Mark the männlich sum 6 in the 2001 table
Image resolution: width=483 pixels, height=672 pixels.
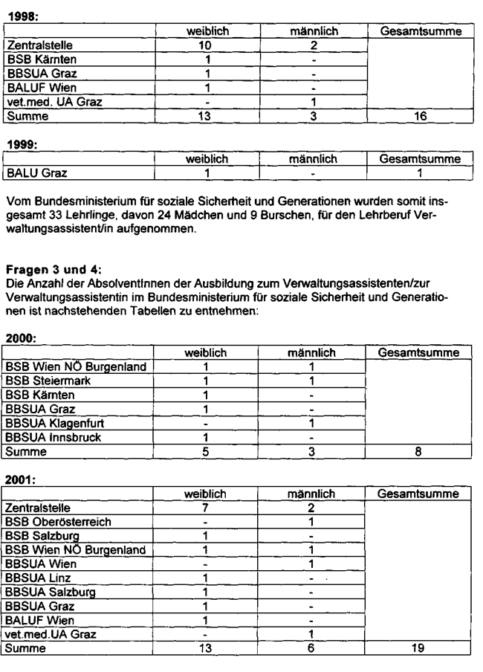click(x=313, y=649)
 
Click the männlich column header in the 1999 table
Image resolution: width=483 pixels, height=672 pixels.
click(x=313, y=159)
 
